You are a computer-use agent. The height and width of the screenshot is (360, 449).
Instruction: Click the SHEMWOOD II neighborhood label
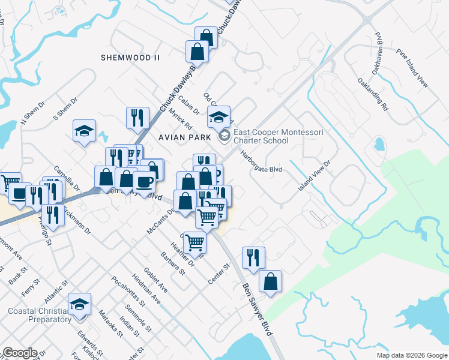point(130,58)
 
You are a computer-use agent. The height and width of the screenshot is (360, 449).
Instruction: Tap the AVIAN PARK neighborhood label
point(185,137)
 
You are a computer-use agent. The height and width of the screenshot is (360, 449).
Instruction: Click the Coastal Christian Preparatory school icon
point(79,304)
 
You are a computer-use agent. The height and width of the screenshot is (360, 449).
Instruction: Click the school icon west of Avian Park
point(85,130)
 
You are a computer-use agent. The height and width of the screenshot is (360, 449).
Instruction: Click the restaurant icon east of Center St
point(253,257)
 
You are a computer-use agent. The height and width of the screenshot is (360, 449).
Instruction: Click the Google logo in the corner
point(20,353)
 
